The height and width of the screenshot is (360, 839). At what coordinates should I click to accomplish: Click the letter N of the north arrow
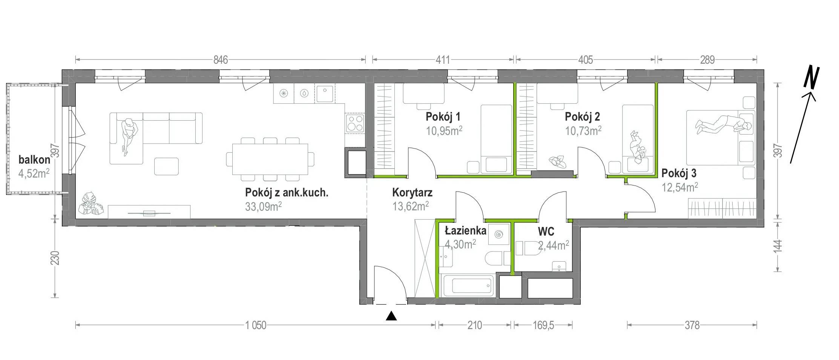811,78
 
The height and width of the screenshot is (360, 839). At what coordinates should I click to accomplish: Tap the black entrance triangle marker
392,316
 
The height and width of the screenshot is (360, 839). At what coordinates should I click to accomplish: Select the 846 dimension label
221,60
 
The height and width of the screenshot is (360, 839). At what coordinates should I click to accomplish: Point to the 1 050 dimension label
256,325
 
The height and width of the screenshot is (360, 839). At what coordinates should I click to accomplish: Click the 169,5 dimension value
543,325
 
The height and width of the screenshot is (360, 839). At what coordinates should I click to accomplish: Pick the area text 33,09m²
263,207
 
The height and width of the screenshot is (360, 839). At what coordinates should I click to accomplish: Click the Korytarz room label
412,193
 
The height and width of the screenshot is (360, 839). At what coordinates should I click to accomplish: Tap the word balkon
34,160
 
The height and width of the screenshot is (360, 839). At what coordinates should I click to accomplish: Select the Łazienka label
466,230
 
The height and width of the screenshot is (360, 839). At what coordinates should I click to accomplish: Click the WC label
546,231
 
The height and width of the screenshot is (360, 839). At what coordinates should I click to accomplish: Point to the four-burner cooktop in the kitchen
355,123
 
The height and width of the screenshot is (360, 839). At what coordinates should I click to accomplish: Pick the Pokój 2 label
582,117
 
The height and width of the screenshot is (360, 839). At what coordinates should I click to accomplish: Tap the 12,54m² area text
680,187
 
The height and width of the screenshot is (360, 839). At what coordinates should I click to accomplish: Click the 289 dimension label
707,60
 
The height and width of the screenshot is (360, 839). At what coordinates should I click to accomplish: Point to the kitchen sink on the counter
324,94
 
